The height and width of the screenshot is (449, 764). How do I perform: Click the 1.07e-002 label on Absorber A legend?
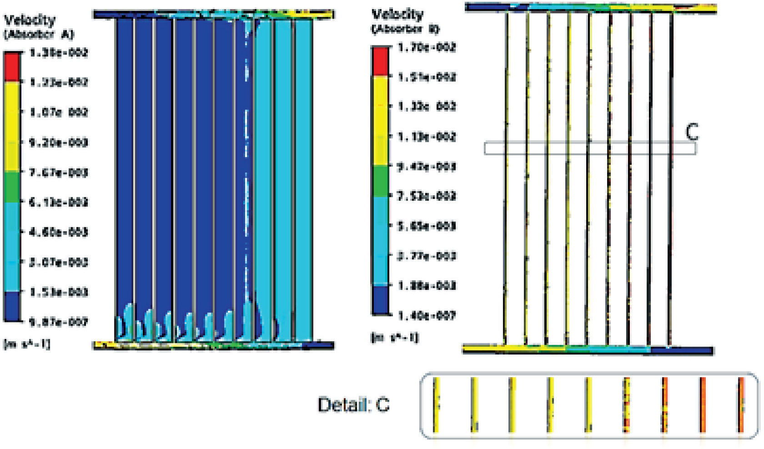[58, 112]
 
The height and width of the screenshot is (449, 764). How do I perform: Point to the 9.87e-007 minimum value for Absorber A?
[58, 323]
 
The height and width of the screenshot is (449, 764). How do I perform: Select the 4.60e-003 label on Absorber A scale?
[58, 232]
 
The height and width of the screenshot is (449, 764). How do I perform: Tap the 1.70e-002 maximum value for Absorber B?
[427, 47]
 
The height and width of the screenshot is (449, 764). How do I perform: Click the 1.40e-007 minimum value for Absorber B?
[427, 315]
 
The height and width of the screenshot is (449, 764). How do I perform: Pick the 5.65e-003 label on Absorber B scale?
[427, 226]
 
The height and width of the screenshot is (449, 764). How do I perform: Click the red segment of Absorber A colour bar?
[12, 66]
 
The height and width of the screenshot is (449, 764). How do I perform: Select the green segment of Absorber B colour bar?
[380, 181]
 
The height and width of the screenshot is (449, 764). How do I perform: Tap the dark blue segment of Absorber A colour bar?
[12, 306]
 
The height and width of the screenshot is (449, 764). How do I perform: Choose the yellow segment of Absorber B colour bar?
[380, 121]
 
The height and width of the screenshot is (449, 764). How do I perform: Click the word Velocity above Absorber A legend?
[30, 20]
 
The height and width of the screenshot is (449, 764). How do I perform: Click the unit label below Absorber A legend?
[27, 343]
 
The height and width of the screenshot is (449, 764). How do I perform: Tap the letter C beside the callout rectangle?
[692, 132]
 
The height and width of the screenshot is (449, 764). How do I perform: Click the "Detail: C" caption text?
[353, 405]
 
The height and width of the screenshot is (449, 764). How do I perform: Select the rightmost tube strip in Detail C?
[741, 405]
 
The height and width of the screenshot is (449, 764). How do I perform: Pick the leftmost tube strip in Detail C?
[435, 405]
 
